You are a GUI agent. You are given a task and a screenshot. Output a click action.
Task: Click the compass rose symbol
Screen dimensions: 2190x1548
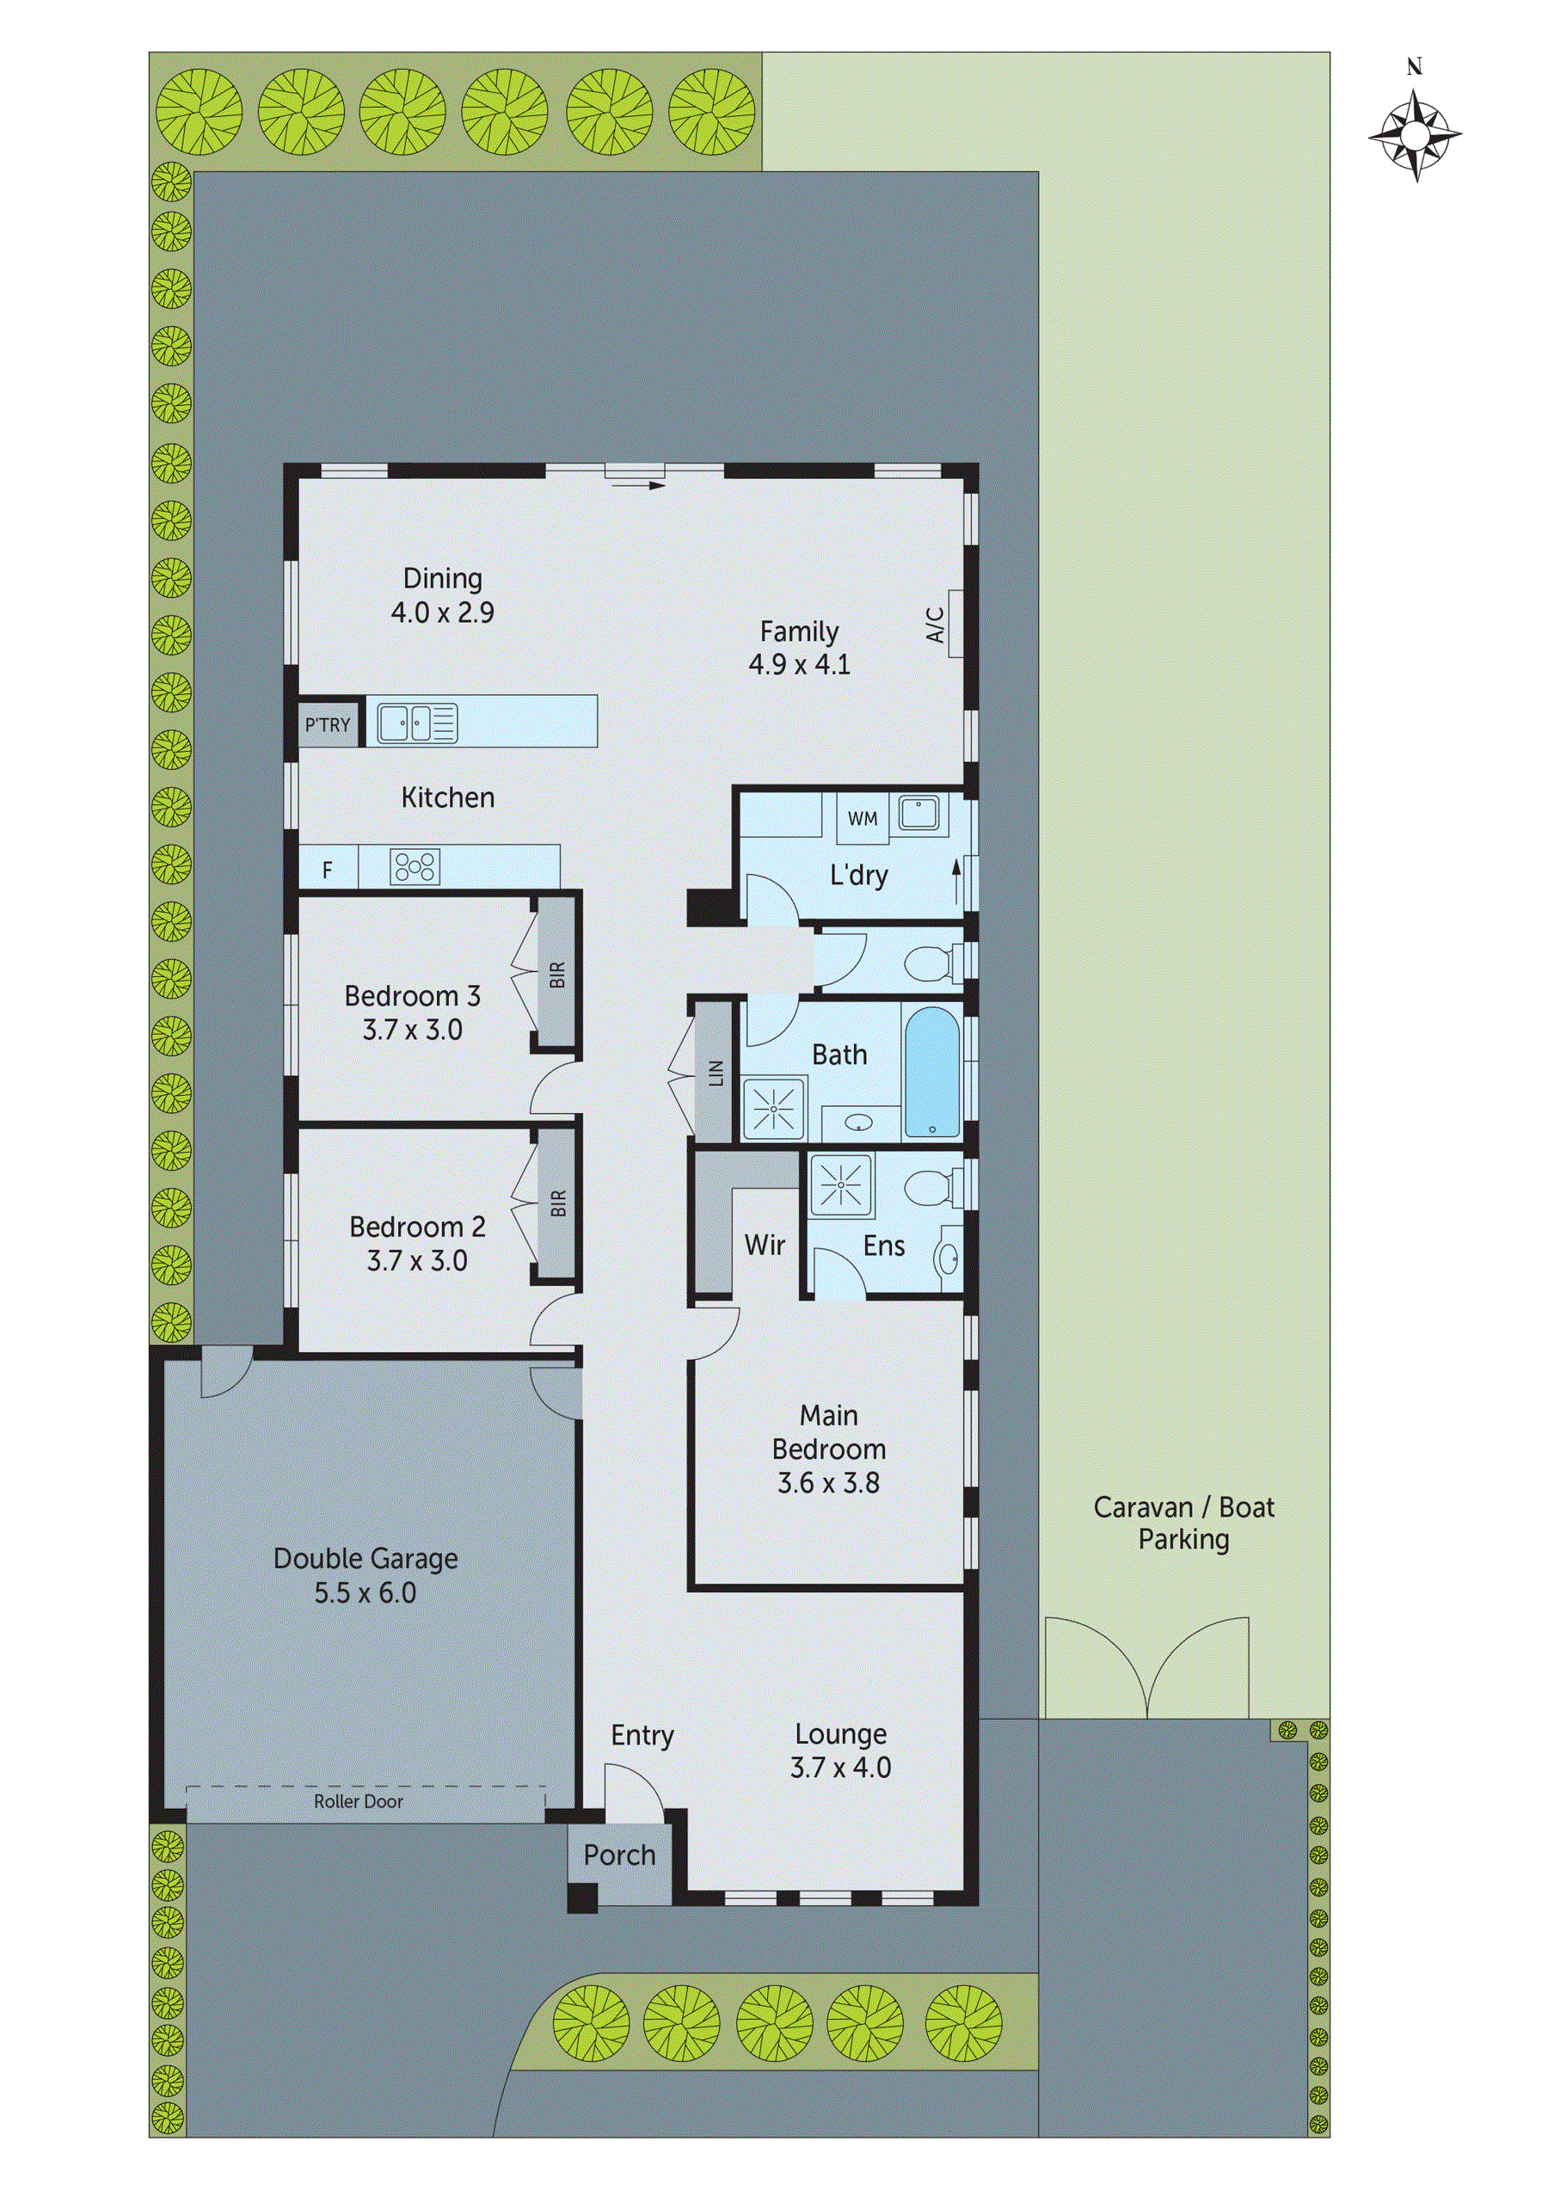[x=1415, y=135]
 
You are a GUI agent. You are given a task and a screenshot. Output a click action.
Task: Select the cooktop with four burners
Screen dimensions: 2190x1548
[x=415, y=866]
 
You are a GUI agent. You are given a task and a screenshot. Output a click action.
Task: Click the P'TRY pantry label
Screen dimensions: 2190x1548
[x=327, y=725]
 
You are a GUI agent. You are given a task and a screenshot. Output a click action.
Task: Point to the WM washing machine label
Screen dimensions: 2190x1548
[x=863, y=818]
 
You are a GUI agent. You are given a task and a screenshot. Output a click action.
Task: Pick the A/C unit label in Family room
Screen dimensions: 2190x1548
[x=936, y=624]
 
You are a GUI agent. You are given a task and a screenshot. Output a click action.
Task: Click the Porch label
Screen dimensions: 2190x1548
[x=619, y=1855]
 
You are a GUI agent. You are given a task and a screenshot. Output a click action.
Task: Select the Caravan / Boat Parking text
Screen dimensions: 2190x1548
[x=1183, y=1523]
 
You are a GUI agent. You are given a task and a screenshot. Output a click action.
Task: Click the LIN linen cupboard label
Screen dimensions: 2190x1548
[x=716, y=1073]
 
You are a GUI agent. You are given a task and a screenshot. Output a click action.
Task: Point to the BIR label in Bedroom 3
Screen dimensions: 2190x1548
[x=558, y=974]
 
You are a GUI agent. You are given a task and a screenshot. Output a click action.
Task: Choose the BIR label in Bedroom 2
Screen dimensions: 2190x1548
[x=558, y=1203]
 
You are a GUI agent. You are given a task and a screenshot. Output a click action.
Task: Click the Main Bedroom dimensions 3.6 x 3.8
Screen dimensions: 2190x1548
[x=828, y=1482]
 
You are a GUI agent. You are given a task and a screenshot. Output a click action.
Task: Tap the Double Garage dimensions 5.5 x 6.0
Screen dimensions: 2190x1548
[x=365, y=1593]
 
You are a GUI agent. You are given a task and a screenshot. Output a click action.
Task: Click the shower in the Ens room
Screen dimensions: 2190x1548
[x=840, y=1185]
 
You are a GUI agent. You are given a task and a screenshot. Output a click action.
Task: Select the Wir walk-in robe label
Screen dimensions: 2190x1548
[x=765, y=1245]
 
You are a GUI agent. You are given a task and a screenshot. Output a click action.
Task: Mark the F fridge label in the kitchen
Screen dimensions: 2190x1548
[x=327, y=870]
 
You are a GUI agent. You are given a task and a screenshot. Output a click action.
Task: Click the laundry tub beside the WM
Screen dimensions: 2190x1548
[x=918, y=814]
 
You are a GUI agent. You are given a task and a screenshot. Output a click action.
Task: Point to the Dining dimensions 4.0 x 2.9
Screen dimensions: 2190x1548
[x=443, y=612]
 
